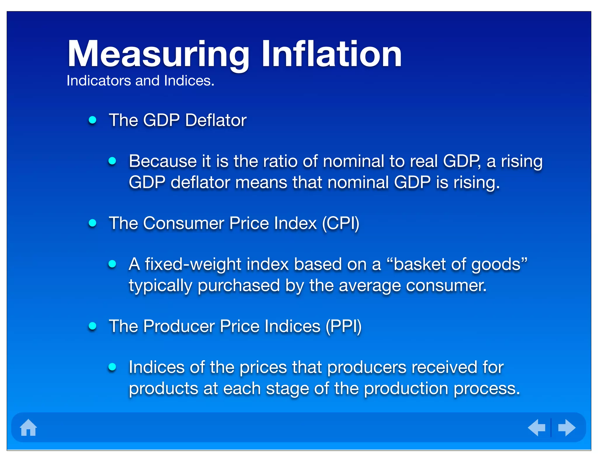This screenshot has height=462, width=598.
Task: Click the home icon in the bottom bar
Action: click(28, 428)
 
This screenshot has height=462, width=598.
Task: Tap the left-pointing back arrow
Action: click(537, 428)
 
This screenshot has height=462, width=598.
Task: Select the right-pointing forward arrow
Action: click(566, 428)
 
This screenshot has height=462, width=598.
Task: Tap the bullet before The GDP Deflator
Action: click(93, 120)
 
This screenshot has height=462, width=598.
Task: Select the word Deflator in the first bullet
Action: click(216, 120)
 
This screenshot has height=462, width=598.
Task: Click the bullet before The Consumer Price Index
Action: click(93, 223)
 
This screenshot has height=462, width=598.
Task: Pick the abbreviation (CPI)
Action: click(340, 223)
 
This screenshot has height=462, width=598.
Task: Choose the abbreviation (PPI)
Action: click(343, 326)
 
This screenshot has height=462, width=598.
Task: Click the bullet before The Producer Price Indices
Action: click(93, 326)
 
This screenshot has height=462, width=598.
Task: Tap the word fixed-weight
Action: click(193, 264)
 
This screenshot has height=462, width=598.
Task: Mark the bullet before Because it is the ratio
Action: click(112, 161)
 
